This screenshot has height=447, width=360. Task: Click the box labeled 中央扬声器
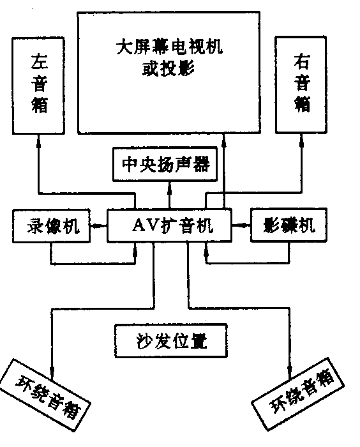(x=165, y=164)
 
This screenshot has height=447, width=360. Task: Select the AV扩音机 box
(x=169, y=225)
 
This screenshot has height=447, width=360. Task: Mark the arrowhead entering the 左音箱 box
(x=38, y=139)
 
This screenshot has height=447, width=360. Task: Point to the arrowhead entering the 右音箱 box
(x=302, y=139)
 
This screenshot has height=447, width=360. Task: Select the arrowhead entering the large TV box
(x=225, y=137)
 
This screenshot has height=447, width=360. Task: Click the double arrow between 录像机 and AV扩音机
(x=98, y=225)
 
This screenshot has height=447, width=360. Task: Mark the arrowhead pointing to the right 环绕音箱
(x=291, y=370)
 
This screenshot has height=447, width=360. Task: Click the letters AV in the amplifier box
(x=145, y=225)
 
